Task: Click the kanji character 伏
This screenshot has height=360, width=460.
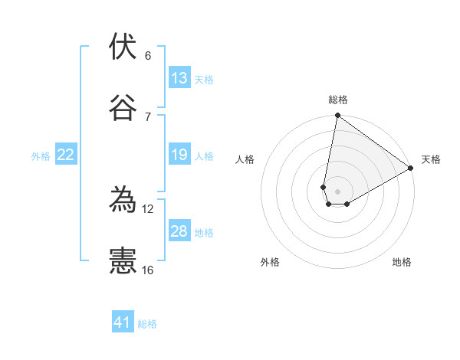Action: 123,47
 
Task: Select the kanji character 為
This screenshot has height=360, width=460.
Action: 123,200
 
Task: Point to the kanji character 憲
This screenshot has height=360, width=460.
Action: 123,260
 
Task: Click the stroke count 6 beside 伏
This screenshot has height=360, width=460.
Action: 148,56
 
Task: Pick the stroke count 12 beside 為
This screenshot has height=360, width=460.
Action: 148,208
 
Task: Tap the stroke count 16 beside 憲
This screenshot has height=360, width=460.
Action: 148,270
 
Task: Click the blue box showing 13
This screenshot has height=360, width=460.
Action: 179,78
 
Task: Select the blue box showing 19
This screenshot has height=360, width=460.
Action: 179,155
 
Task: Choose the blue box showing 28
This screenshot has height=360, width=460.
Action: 179,231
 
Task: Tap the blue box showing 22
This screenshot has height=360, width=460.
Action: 66,155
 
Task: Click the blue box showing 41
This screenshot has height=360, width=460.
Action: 123,322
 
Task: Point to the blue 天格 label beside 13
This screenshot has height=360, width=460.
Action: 204,80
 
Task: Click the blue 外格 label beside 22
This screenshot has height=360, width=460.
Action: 41,156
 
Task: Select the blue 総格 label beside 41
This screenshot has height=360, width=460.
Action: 147,324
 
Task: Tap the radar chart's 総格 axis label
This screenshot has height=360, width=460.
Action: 338,100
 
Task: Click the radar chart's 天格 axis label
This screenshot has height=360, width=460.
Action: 431,159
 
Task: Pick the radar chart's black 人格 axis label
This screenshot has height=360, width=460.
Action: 245,159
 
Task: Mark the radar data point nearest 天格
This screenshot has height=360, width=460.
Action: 411,169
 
